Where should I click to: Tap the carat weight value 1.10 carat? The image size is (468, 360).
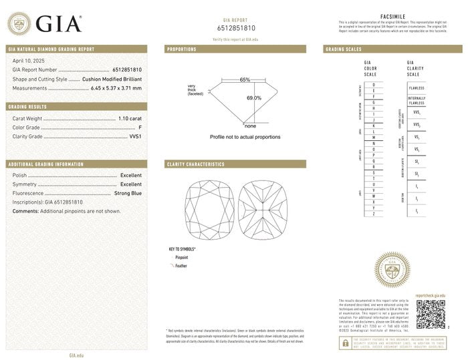click(x=130, y=118)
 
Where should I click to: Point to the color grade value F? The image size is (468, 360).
click(x=140, y=127)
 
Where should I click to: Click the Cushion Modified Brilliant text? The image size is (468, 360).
click(x=112, y=79)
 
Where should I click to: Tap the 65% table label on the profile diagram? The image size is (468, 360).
click(x=245, y=80)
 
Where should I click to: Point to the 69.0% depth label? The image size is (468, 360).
click(x=254, y=98)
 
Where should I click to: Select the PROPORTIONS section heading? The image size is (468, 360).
click(x=182, y=49)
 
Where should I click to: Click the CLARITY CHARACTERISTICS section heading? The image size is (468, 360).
click(x=196, y=164)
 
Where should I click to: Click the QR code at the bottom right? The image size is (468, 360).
click(x=430, y=315)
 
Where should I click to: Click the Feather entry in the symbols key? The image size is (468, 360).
click(x=181, y=266)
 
